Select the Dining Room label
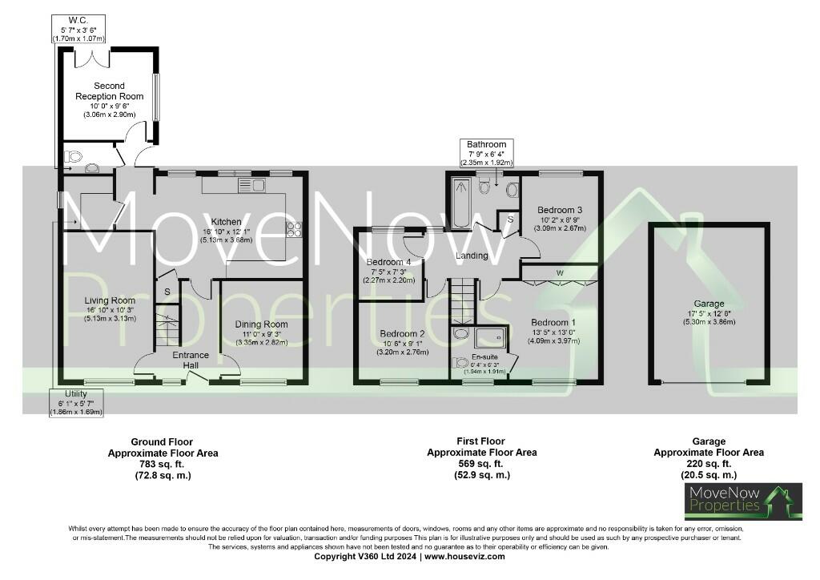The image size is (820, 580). click(x=261, y=324)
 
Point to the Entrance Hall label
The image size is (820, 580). click(x=191, y=360)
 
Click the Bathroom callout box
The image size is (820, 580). click(x=488, y=152)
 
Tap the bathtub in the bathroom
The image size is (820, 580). click(x=461, y=203)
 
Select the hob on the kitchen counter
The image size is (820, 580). click(x=294, y=229)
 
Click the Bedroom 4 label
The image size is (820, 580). click(x=388, y=263)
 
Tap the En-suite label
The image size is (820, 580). click(x=483, y=356)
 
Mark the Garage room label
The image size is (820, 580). click(x=709, y=304)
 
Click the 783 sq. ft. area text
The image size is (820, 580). click(x=163, y=464)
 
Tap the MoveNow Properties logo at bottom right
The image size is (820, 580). click(x=743, y=501)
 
